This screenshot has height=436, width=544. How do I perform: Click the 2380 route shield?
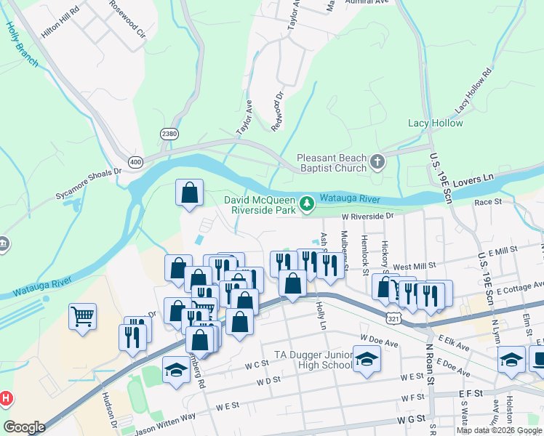click(169, 134)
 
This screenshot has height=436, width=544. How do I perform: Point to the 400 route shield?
click(135, 161)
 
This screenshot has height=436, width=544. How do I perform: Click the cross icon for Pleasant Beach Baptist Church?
click(377, 161)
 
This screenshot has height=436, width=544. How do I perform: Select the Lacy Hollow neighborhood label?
click(435, 123)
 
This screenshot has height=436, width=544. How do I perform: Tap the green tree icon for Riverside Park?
click(308, 204)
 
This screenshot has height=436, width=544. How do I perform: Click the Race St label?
click(488, 202)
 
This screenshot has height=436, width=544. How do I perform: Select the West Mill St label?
click(415, 267)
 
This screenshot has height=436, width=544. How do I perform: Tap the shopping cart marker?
click(82, 316)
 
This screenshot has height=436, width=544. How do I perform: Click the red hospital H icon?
click(6, 398)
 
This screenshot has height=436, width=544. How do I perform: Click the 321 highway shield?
click(392, 318)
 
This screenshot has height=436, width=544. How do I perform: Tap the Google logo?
click(23, 427)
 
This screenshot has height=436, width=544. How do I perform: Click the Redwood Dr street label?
click(276, 107)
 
